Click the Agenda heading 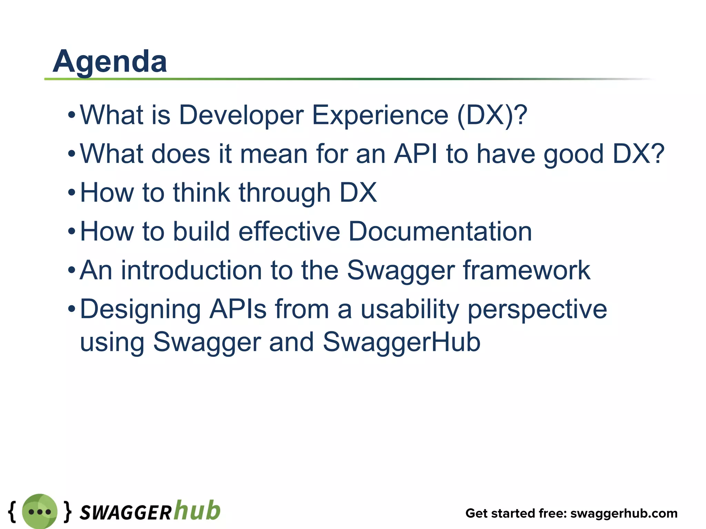coord(110,62)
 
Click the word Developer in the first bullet coord(241,116)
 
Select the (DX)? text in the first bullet coord(492,116)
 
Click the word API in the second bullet coord(415,154)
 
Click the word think coord(201,193)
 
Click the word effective coord(289,231)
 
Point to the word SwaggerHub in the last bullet coord(401,342)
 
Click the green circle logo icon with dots coord(40,512)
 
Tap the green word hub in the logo coord(197,510)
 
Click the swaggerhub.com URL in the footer coord(624,514)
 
